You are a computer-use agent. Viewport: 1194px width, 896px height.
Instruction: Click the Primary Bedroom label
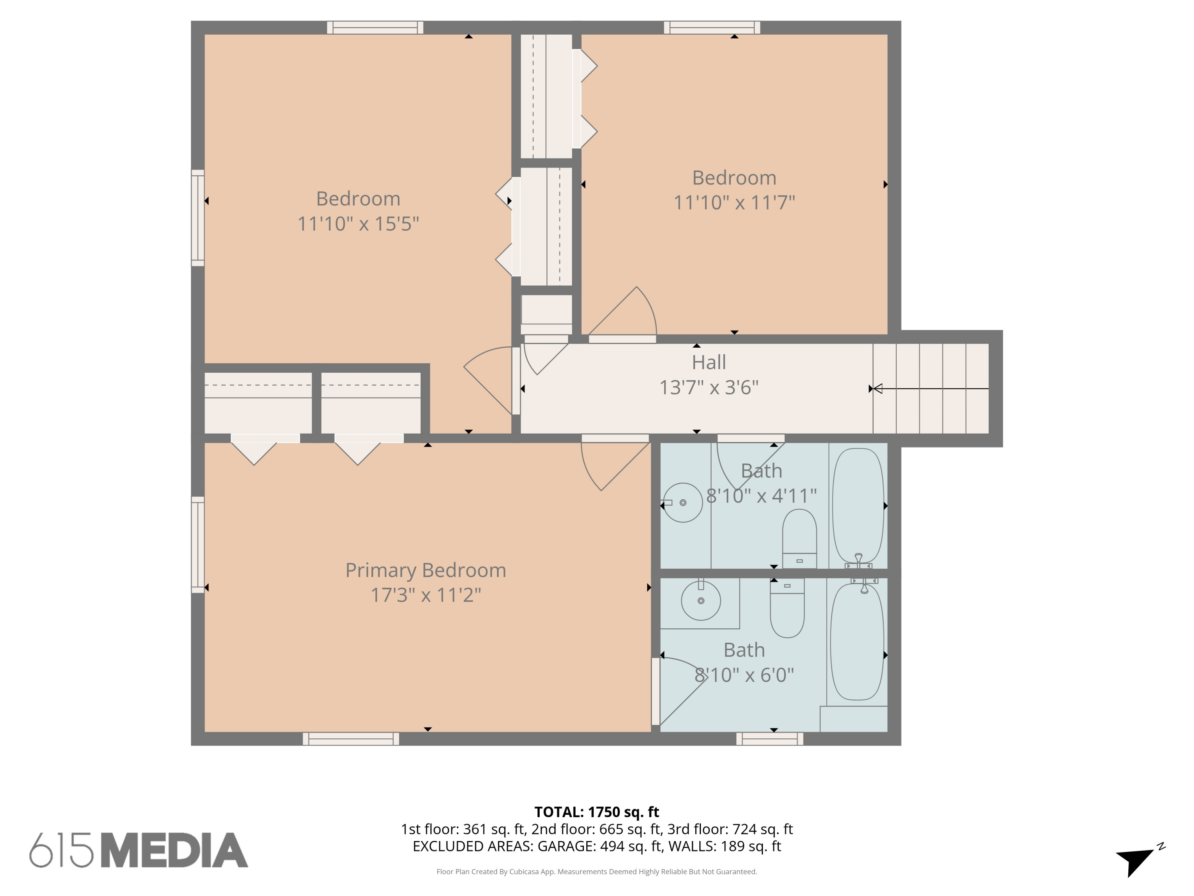(x=425, y=570)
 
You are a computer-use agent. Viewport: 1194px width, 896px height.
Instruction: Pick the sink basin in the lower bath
(x=700, y=601)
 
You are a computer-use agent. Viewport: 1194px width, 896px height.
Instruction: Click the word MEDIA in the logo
(x=174, y=850)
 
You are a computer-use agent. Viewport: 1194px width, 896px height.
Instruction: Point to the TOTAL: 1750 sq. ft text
(x=597, y=812)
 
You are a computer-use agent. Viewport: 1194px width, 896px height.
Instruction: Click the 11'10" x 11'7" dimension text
(x=734, y=203)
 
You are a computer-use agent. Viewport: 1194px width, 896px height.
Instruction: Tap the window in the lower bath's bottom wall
(x=769, y=738)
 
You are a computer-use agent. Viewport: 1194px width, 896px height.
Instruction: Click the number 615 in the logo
(x=61, y=850)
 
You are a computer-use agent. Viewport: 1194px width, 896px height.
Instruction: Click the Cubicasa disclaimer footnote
(x=597, y=871)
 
